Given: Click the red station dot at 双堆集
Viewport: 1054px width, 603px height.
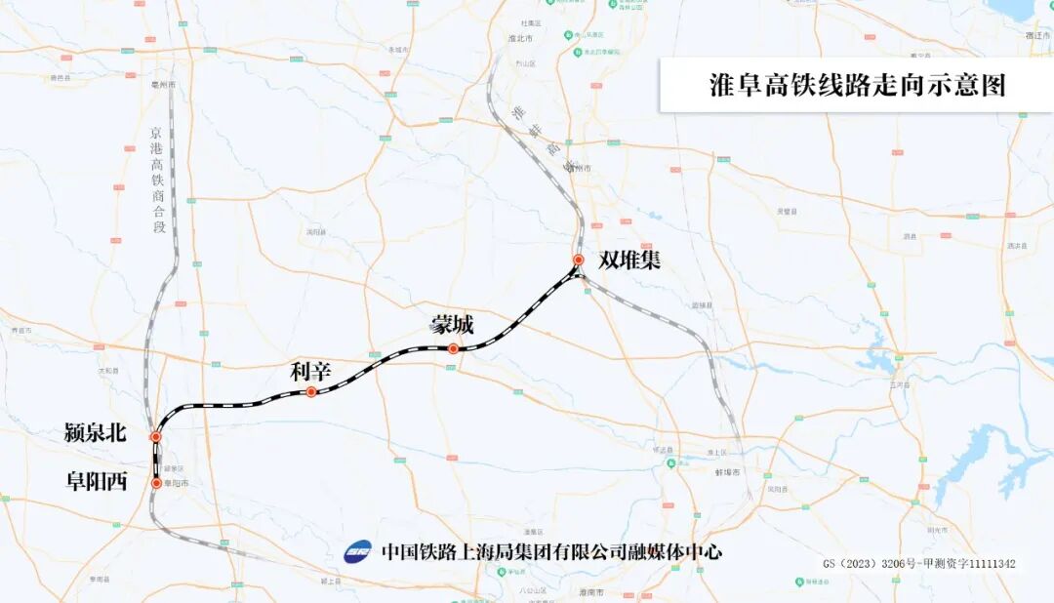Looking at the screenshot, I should point(578,261).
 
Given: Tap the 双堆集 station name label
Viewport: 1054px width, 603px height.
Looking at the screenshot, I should point(629,261).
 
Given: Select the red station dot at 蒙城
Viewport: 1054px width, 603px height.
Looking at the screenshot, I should point(454,348).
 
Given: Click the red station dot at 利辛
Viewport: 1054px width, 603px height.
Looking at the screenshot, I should point(310,392).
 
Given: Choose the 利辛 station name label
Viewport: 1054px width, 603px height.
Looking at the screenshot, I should point(311,371).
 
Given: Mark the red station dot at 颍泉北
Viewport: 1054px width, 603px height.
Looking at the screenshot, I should point(155,437).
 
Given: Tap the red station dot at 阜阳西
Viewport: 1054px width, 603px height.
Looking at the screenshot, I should point(156,482).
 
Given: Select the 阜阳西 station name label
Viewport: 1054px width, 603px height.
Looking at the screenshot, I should point(97,482).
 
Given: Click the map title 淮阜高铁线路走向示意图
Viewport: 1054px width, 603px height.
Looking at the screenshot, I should point(856,85).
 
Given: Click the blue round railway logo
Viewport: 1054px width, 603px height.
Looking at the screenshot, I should point(358,551).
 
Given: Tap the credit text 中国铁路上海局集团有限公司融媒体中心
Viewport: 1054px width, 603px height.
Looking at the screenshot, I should point(551,551).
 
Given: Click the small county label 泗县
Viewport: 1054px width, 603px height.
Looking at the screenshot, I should point(910,236).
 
